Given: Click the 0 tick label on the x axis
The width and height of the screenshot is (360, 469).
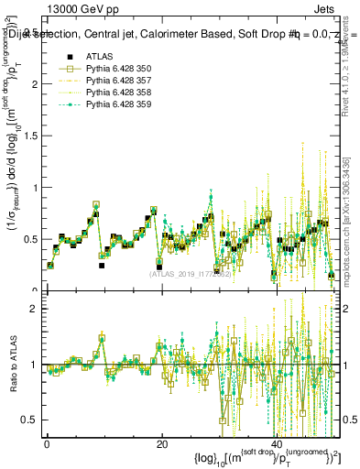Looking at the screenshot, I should (x=47, y=443).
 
